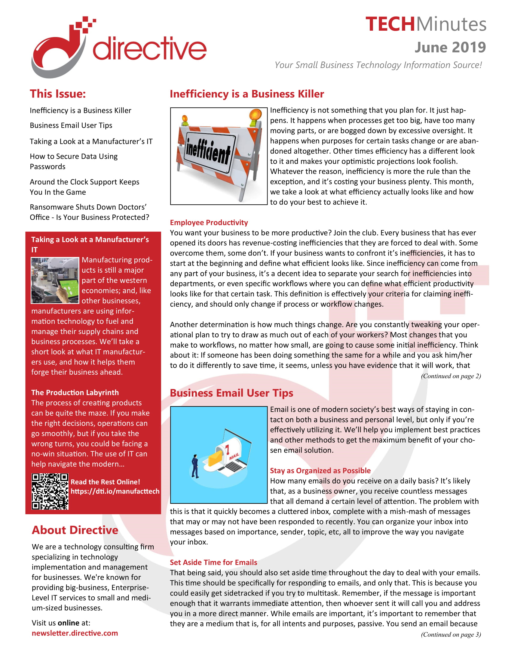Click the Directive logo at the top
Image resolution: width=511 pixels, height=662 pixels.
tap(119, 47)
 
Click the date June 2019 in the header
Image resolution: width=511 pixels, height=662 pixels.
tap(450, 47)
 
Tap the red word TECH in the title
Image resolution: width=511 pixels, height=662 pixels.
tap(390, 24)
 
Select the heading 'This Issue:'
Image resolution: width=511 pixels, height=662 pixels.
tap(57, 94)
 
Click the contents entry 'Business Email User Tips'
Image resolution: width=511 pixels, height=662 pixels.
tap(71, 125)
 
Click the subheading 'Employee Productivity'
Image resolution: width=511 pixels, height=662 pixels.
tap(209, 222)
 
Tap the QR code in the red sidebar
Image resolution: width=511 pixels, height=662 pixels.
tap(50, 491)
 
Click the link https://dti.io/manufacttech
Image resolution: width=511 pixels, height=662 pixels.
tap(115, 491)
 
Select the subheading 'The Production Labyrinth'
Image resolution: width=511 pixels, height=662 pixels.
tap(75, 392)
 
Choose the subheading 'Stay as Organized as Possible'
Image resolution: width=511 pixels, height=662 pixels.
tap(320, 470)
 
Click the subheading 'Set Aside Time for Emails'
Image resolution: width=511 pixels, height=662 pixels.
tap(213, 562)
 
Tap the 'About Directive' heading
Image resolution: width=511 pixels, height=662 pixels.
tap(75, 530)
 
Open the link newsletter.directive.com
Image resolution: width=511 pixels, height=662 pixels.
tap(75, 633)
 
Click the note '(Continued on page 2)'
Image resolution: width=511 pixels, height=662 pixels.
tap(451, 376)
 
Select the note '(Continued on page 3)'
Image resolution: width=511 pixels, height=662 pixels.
tap(451, 634)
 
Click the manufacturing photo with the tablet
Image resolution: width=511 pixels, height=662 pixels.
tap(55, 280)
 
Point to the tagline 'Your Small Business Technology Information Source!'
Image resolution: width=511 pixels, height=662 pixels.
tap(378, 65)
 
